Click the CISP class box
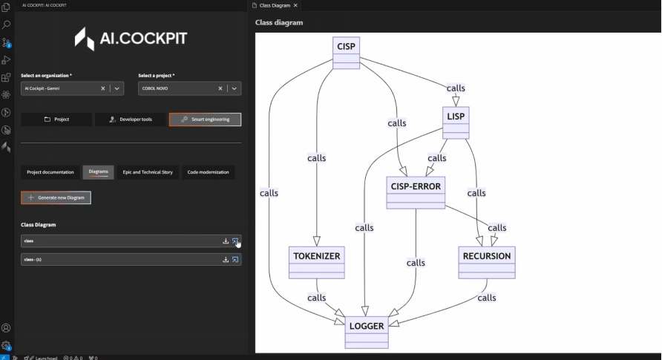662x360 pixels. pos(346,52)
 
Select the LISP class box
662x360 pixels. pos(456,122)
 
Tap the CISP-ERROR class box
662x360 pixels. pos(416,192)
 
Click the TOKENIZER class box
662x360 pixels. pos(316,262)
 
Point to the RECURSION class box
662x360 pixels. pos(487,262)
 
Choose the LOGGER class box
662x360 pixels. pos(366,332)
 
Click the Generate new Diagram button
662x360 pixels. pos(56,197)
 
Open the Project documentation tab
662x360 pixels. pos(50,172)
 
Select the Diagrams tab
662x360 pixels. pos(99,172)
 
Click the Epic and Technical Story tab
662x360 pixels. pos(148,172)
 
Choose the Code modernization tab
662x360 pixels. pos(209,172)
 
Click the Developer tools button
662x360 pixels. pos(131,119)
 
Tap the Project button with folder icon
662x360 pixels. pos(56,119)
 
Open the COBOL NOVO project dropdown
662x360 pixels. pos(235,88)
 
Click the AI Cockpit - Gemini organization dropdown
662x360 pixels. pos(117,88)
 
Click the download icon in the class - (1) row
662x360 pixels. pos(226,260)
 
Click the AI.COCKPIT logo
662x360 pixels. pos(131,39)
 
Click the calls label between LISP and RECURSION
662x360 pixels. pos(476,193)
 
